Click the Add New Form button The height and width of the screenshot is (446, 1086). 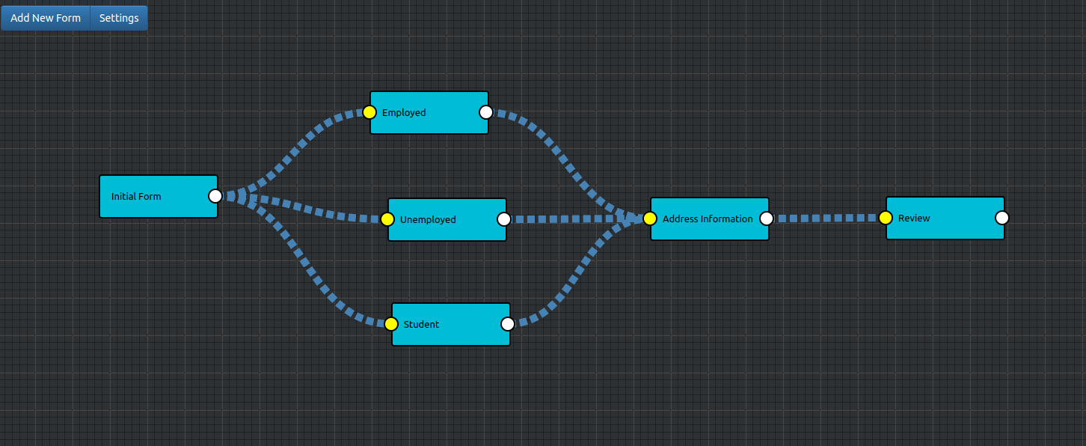(x=46, y=18)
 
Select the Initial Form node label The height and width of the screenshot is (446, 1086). (x=136, y=197)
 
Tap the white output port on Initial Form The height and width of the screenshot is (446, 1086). (x=215, y=196)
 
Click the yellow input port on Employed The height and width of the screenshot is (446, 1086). (x=369, y=112)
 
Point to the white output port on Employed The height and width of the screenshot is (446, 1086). (x=486, y=112)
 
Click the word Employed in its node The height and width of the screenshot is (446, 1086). (x=404, y=112)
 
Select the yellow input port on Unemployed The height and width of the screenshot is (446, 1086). (x=387, y=219)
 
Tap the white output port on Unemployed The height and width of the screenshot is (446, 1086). (x=503, y=219)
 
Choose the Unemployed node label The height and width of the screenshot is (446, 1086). (x=428, y=219)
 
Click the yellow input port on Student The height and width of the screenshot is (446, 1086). (x=391, y=324)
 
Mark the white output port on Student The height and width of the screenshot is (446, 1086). (x=508, y=324)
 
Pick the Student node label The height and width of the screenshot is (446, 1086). (x=421, y=324)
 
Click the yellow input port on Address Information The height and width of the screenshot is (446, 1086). (x=650, y=219)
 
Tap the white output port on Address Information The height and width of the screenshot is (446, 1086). (x=767, y=219)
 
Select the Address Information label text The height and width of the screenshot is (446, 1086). (x=708, y=219)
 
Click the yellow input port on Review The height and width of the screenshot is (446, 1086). (x=886, y=218)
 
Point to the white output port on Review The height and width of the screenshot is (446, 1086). (x=1002, y=218)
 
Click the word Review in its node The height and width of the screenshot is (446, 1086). (x=914, y=219)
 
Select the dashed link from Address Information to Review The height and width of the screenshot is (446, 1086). (x=826, y=219)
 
